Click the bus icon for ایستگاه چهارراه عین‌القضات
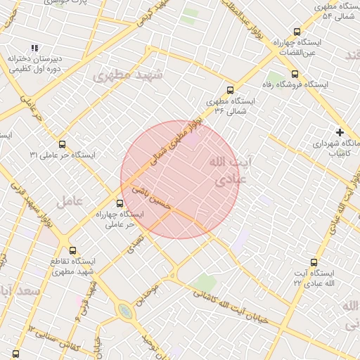click(x=297, y=32)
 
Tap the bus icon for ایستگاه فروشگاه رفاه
click(x=294, y=73)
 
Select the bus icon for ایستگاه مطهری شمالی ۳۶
click(x=230, y=89)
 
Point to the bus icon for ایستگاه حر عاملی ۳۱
click(x=63, y=144)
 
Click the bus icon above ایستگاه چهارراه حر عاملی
click(x=119, y=204)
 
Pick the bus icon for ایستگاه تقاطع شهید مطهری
click(x=72, y=250)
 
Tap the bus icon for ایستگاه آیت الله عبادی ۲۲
click(x=314, y=262)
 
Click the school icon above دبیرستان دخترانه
click(x=35, y=48)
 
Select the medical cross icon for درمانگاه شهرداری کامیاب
click(x=340, y=131)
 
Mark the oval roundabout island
click(x=124, y=310)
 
